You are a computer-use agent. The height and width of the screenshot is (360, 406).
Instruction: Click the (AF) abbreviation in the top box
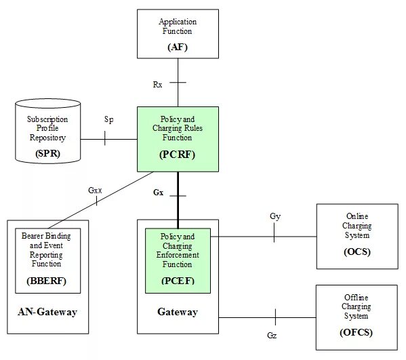(x=178, y=47)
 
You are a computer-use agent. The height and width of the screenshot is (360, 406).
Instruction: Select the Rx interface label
(x=157, y=85)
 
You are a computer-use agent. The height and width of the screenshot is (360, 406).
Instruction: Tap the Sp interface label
(x=108, y=119)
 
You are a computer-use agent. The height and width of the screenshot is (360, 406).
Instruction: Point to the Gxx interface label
(x=95, y=191)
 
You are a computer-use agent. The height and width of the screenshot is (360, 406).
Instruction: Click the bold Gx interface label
(x=158, y=193)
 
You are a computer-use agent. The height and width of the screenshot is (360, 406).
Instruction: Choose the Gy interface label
(x=275, y=216)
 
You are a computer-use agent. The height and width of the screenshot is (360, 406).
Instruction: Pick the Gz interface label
(x=272, y=336)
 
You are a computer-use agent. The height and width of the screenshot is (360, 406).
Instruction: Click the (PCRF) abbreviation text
(x=178, y=155)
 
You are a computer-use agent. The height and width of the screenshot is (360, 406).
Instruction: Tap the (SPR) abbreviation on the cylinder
(x=47, y=154)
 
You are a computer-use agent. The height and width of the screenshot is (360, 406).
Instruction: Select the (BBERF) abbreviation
(x=47, y=281)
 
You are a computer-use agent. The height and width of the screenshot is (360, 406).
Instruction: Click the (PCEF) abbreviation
(x=178, y=281)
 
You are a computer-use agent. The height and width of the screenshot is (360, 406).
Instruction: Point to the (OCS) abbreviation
(x=357, y=252)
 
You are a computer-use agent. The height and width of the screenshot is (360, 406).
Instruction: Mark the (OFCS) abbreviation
(x=357, y=333)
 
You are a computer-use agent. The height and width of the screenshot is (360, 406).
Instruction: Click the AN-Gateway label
(x=47, y=312)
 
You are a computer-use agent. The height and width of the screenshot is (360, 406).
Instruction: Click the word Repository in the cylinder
(x=47, y=138)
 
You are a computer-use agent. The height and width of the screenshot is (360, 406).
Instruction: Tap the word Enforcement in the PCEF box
(x=178, y=255)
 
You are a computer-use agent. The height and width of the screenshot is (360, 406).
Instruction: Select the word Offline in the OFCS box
(x=357, y=298)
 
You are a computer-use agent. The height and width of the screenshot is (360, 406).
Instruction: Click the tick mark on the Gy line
(x=274, y=233)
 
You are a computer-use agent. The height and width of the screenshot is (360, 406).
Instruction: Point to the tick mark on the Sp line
(x=104, y=138)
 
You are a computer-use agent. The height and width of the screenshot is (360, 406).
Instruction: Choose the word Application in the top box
(x=178, y=22)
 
